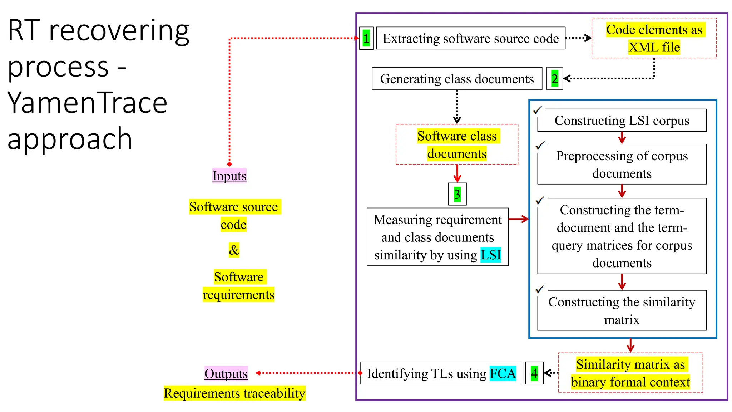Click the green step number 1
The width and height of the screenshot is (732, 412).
point(366,38)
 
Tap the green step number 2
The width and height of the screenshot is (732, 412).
point(554,79)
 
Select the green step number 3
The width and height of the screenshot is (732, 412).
point(457,194)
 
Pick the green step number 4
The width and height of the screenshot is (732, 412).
point(534,373)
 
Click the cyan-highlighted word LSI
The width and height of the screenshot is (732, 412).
point(490,255)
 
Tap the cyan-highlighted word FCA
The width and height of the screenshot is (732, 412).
point(503,373)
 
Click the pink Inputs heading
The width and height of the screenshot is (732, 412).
point(229,176)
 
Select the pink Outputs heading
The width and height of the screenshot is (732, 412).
point(226,373)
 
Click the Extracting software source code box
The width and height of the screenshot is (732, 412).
point(470,38)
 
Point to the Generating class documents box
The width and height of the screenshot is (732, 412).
point(456,79)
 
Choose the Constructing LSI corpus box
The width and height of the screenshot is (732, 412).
point(622,121)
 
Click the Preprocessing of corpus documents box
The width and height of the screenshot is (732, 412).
point(622,165)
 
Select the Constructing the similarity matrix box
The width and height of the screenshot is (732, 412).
point(622,310)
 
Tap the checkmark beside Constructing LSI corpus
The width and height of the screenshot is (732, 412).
point(538,110)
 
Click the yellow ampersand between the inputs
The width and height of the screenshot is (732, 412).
point(234,250)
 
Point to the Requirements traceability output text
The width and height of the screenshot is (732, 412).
point(234,393)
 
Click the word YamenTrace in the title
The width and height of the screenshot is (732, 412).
point(87,103)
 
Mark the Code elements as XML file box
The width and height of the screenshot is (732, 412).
point(654,38)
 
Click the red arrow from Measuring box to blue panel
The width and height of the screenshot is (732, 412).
point(518,219)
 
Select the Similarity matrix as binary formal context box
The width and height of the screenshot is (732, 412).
point(630,373)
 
